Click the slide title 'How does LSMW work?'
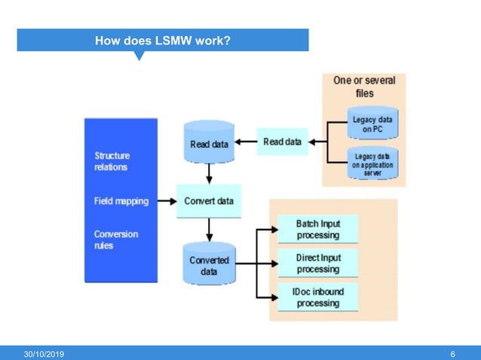point(162,39)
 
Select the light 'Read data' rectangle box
point(283,141)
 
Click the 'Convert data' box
point(209,201)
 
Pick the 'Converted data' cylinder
point(209,264)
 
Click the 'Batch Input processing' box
point(317,229)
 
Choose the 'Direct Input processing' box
point(317,264)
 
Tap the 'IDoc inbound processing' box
point(317,298)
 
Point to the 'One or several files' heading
point(364,87)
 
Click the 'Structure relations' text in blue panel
point(111,161)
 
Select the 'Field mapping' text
point(121,201)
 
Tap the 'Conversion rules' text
point(115,239)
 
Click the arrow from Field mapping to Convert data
point(165,201)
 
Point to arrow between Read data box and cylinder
point(246,141)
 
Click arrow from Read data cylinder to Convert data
point(209,173)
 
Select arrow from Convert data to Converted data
point(209,229)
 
